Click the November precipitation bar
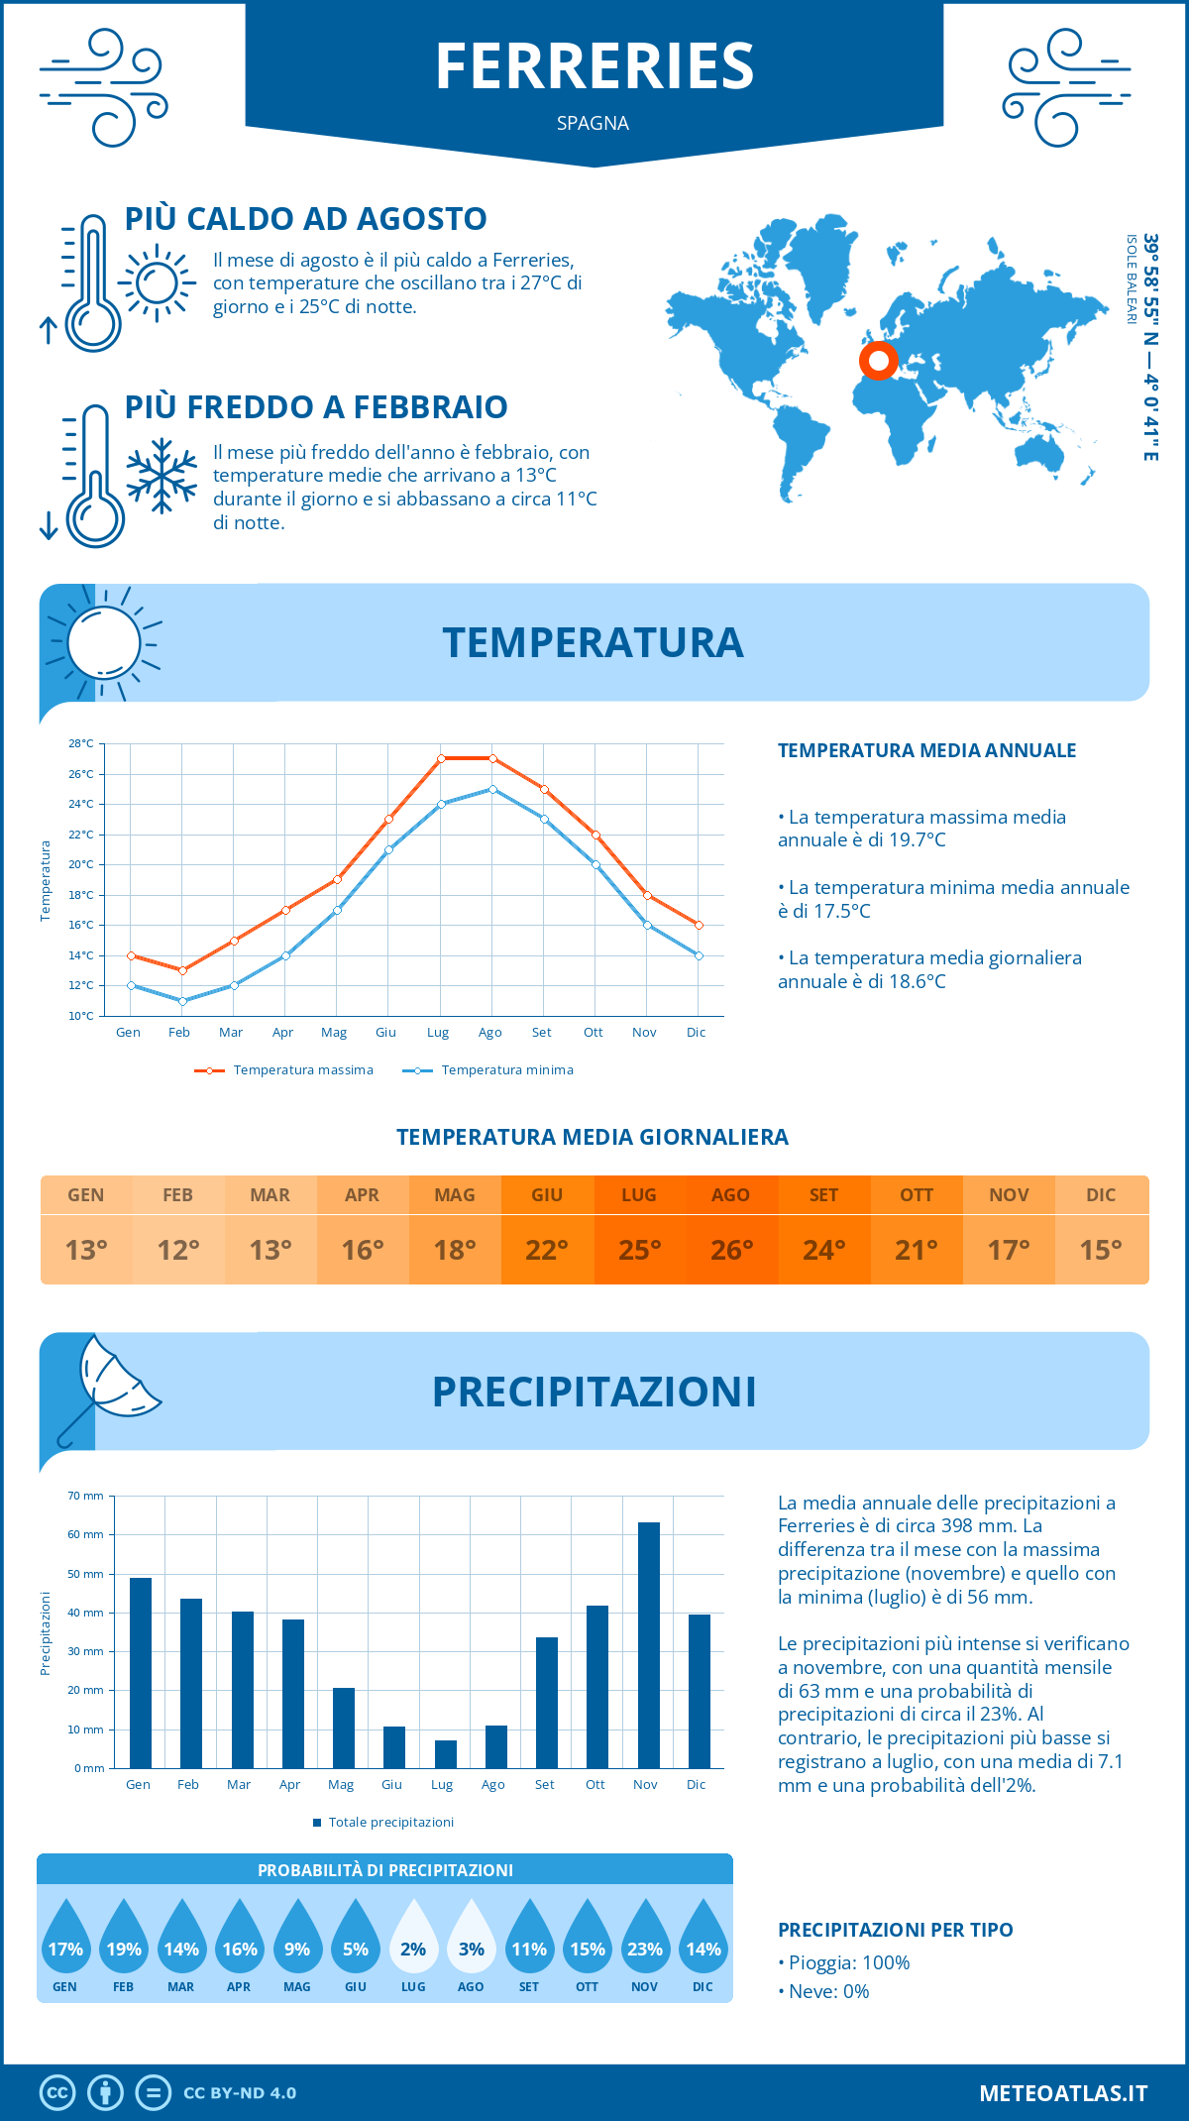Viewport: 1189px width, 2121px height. [x=648, y=1645]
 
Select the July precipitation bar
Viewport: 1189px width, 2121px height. [x=445, y=1754]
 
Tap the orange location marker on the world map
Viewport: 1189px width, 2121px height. [x=878, y=361]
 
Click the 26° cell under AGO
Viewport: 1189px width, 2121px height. [x=731, y=1250]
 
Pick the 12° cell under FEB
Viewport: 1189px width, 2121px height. [x=178, y=1250]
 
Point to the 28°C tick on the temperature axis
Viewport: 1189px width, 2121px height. [x=81, y=743]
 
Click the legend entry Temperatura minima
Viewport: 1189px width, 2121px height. [x=506, y=1070]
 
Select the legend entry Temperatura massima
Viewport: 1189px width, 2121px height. [x=302, y=1070]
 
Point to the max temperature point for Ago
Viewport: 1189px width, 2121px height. [x=492, y=758]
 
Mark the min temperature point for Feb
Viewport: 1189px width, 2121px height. [x=182, y=1001]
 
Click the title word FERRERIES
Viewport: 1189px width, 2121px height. [x=594, y=66]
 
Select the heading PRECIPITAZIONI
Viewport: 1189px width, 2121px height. [x=594, y=1392]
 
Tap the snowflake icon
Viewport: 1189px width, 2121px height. [x=162, y=476]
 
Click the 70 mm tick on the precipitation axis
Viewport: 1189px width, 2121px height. [x=86, y=1496]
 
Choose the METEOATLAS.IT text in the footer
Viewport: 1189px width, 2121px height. [x=1062, y=2093]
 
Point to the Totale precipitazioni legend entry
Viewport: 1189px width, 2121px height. [x=389, y=1823]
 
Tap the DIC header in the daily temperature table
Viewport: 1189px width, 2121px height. [x=1101, y=1195]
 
